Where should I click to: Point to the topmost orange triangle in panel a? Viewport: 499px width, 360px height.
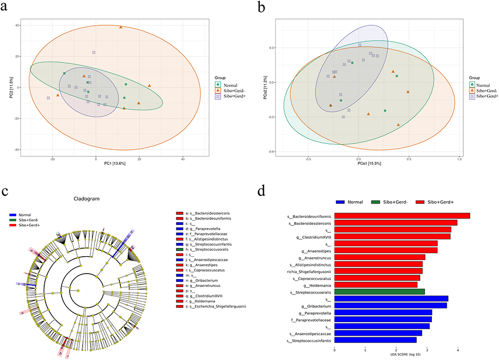(x=121, y=27)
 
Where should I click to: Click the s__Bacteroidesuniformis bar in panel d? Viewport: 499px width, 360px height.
(x=402, y=216)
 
